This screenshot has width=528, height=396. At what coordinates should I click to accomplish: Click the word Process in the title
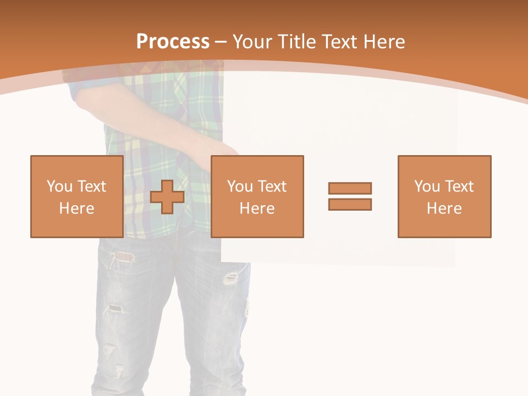point(173,41)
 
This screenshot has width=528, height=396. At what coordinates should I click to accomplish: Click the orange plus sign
point(167,197)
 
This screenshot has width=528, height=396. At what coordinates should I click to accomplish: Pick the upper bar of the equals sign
point(350,188)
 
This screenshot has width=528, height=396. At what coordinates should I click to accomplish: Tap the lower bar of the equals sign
point(350,204)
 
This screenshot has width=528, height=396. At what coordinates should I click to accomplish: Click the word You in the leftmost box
point(59,186)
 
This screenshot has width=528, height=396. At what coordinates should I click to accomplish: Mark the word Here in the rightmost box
point(444,208)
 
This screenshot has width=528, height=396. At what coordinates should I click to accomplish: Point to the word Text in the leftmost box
point(91,186)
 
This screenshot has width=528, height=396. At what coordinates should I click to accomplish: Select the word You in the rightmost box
point(427,186)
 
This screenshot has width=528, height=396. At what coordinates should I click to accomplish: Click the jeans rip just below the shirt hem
point(124,256)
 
